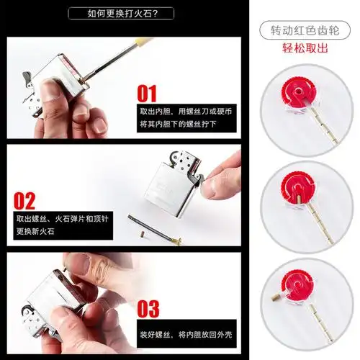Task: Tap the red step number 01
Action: click(147, 94)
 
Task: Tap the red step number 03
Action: click(147, 309)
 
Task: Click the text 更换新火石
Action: click(35, 232)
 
